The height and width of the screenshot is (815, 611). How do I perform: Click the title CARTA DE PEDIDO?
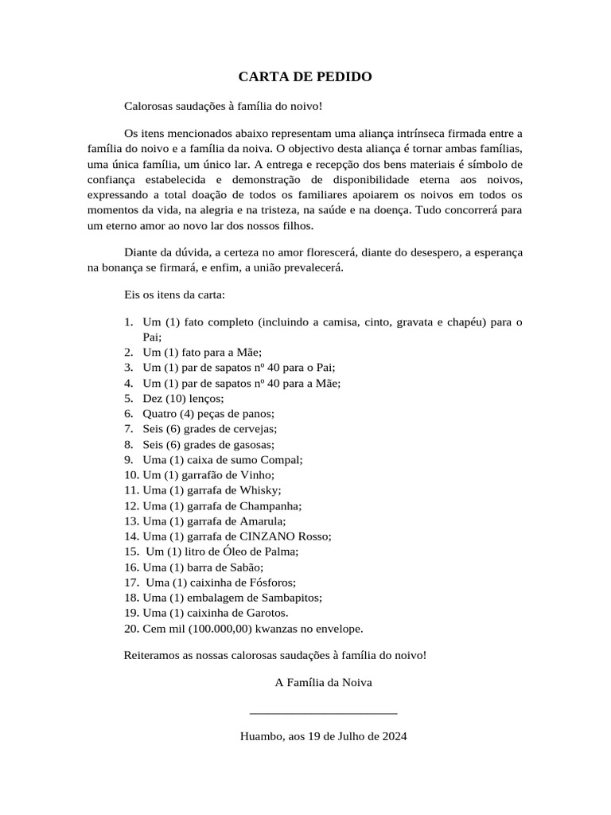[305, 77]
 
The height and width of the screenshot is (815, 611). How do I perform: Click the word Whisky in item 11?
[259, 490]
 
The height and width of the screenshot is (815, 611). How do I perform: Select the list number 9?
[128, 459]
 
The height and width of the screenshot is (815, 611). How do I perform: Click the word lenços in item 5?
[207, 398]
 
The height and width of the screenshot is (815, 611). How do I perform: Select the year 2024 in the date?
[394, 736]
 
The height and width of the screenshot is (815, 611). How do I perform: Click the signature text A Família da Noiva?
[323, 682]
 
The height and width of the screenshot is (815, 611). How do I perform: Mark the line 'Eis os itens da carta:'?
[175, 294]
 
